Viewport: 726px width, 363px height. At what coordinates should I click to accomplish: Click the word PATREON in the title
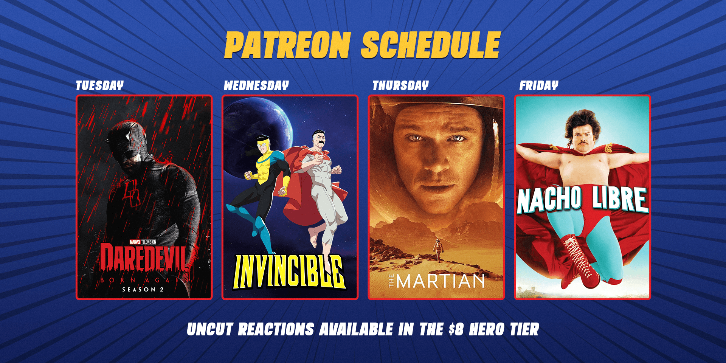click(288, 45)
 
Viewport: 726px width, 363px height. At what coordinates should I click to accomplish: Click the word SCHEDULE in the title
click(431, 45)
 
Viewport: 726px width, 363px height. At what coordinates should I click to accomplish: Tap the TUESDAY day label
click(100, 85)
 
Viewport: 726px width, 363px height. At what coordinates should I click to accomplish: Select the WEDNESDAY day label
click(256, 85)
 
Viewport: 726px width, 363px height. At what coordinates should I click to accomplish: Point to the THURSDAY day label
click(401, 85)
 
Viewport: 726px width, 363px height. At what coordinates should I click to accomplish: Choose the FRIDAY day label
click(539, 85)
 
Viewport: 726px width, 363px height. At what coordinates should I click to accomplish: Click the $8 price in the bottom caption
click(456, 329)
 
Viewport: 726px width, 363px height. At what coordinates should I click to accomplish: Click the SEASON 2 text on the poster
click(143, 290)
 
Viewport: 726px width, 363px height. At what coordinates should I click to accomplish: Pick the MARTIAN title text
click(441, 281)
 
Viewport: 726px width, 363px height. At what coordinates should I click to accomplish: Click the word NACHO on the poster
click(549, 199)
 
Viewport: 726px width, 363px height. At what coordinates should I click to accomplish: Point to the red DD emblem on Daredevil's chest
click(132, 193)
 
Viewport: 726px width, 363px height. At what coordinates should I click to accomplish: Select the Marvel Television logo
click(143, 242)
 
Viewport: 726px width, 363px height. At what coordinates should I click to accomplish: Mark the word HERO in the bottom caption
click(487, 329)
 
